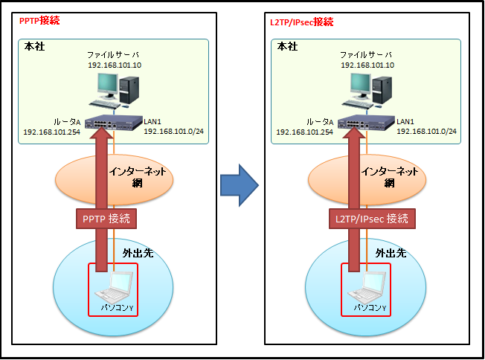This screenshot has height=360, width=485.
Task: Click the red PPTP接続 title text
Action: click(39, 21)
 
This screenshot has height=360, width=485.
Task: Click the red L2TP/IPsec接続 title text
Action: click(301, 22)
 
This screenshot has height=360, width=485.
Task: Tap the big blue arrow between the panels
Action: click(240, 185)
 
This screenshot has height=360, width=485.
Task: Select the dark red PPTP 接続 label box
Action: click(106, 219)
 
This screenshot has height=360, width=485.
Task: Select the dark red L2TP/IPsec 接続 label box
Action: click(372, 219)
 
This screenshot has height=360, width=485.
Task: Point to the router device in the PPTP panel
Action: click(114, 123)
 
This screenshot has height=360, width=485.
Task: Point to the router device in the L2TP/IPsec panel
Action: click(367, 123)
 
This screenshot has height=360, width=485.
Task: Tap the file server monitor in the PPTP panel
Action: click(107, 85)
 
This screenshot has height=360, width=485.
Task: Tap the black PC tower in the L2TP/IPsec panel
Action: click(382, 90)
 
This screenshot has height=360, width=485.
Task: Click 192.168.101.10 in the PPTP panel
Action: click(115, 65)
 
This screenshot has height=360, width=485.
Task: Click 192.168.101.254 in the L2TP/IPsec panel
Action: click(305, 132)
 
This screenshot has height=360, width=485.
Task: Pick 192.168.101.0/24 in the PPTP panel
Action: click(173, 132)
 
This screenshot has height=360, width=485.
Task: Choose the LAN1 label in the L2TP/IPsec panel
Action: click(405, 121)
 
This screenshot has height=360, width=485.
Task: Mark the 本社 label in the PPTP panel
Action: click(34, 46)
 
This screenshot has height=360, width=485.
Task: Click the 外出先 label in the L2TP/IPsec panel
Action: click(391, 253)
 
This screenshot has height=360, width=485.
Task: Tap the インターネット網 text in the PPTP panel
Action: click(138, 177)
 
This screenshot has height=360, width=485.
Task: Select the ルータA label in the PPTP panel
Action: click(67, 122)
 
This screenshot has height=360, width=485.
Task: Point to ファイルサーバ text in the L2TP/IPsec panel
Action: click(366, 55)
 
